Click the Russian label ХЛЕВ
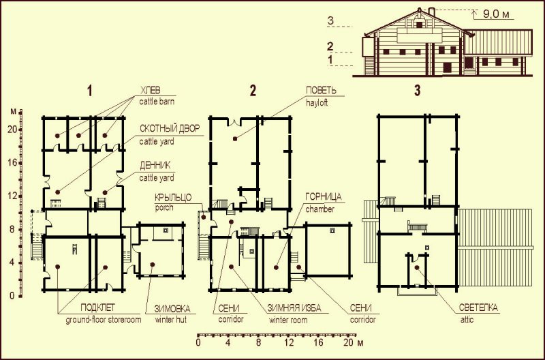coord(150,91)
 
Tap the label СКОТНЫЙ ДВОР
coord(170,128)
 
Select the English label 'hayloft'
coord(317,103)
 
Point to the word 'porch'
coord(163,208)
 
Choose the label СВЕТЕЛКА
coord(478,307)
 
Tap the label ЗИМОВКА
coord(172,308)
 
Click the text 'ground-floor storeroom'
coord(104,320)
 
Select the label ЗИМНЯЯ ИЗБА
coord(294,308)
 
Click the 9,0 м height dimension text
coord(496,14)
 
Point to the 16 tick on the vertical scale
coord(12,163)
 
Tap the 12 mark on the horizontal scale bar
coord(289,342)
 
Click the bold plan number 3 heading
coord(417,91)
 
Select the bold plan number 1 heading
coord(90,91)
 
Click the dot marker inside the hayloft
coord(235,139)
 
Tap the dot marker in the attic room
coord(416,267)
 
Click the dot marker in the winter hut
coord(152,265)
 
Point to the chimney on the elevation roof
coord(432,12)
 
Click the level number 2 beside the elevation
coord(330,46)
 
